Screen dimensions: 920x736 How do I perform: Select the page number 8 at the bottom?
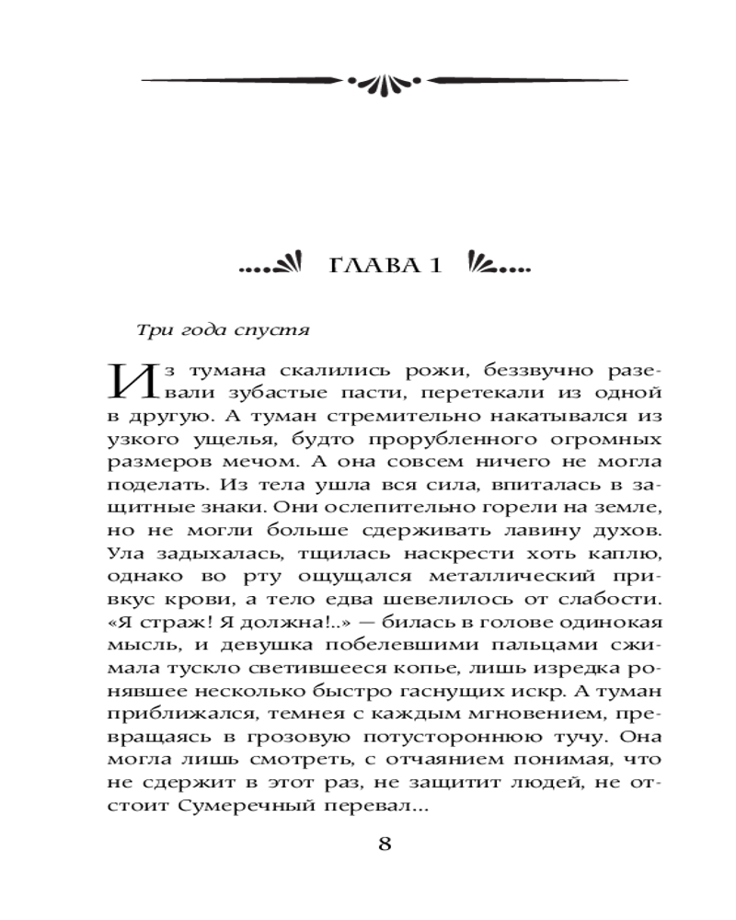385,845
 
